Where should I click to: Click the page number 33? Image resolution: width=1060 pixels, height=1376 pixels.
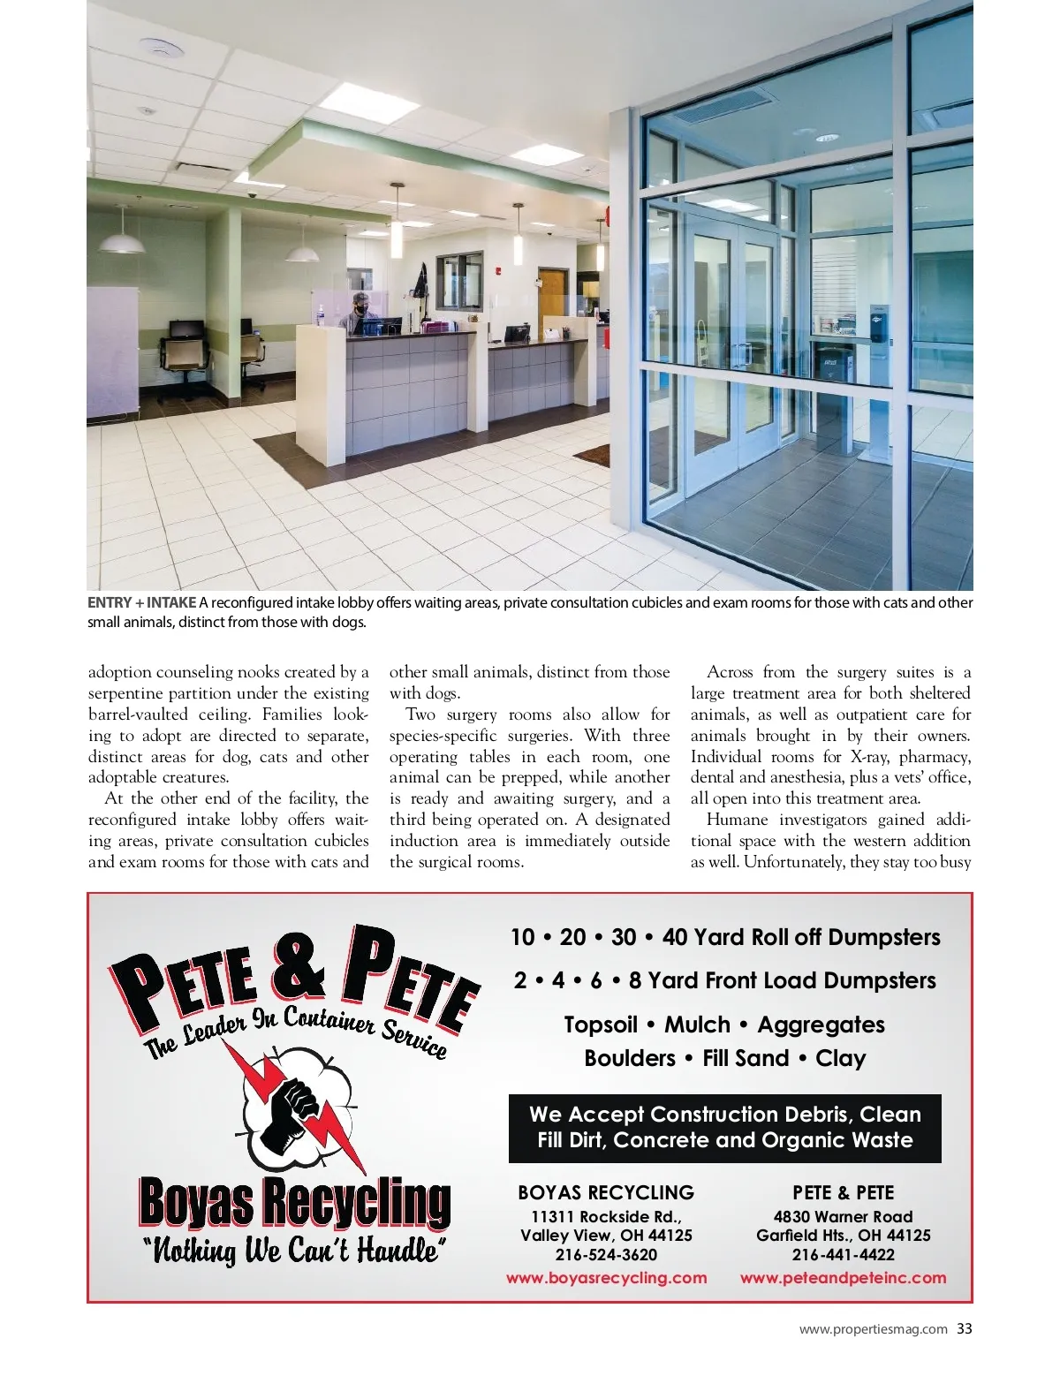coord(965,1329)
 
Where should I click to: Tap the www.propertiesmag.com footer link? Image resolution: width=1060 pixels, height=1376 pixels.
coord(873,1329)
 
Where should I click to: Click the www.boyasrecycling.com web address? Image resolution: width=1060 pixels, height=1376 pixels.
coord(606,1278)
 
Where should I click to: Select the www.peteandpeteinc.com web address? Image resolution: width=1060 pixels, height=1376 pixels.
coord(843,1278)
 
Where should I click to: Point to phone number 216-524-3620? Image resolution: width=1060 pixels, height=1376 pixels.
coord(606,1255)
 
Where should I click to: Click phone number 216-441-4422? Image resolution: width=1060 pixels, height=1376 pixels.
coord(843,1255)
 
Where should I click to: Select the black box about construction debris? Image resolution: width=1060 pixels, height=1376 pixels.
coord(724,1128)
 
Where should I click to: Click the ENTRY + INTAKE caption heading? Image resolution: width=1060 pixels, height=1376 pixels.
coord(141,603)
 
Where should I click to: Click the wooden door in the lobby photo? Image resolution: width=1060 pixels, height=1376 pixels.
coord(551,300)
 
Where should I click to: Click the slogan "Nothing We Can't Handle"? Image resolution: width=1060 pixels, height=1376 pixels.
coord(294,1251)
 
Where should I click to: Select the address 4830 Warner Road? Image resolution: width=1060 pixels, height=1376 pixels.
coord(843,1216)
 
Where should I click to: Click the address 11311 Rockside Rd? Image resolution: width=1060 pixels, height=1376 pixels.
coord(606,1216)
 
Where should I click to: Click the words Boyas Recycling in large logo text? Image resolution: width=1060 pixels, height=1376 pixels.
coord(294,1203)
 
